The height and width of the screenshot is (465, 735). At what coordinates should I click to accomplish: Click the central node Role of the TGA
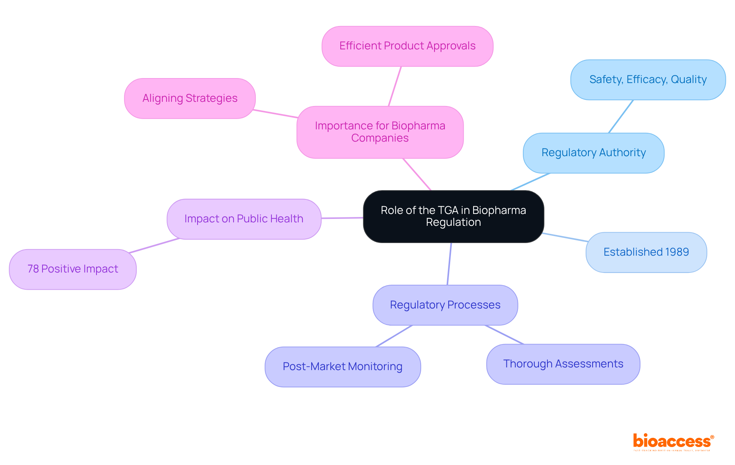[453, 216]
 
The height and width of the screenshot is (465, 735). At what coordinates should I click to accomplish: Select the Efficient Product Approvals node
[407, 46]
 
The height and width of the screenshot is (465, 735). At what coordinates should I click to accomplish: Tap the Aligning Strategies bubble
[190, 98]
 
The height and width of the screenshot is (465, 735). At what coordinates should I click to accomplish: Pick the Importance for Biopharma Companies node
[380, 132]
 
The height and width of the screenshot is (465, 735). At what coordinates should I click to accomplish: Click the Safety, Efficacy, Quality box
[648, 80]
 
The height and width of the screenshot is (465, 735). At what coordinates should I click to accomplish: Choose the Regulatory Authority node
[593, 153]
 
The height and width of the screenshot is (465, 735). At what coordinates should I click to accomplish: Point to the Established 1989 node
[646, 252]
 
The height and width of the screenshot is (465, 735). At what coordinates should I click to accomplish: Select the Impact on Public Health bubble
[244, 219]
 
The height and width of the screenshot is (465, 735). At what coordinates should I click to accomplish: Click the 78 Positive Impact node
[73, 269]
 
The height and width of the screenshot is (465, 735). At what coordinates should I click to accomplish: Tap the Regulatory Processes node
[445, 305]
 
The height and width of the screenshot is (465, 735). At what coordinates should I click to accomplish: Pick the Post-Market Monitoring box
[343, 367]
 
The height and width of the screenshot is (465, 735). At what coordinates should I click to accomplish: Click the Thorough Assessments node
[563, 364]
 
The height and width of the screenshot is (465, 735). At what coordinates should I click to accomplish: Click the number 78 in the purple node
[33, 269]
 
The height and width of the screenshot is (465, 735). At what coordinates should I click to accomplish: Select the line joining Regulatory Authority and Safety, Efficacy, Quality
[621, 117]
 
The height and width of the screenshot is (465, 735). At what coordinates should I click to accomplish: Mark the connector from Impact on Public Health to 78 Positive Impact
[155, 246]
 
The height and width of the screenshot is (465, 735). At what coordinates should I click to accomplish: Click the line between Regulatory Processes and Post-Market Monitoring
[394, 336]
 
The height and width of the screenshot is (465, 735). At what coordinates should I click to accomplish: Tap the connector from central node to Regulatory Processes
[449, 264]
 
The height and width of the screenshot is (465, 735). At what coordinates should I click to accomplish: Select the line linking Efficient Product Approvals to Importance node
[395, 86]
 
